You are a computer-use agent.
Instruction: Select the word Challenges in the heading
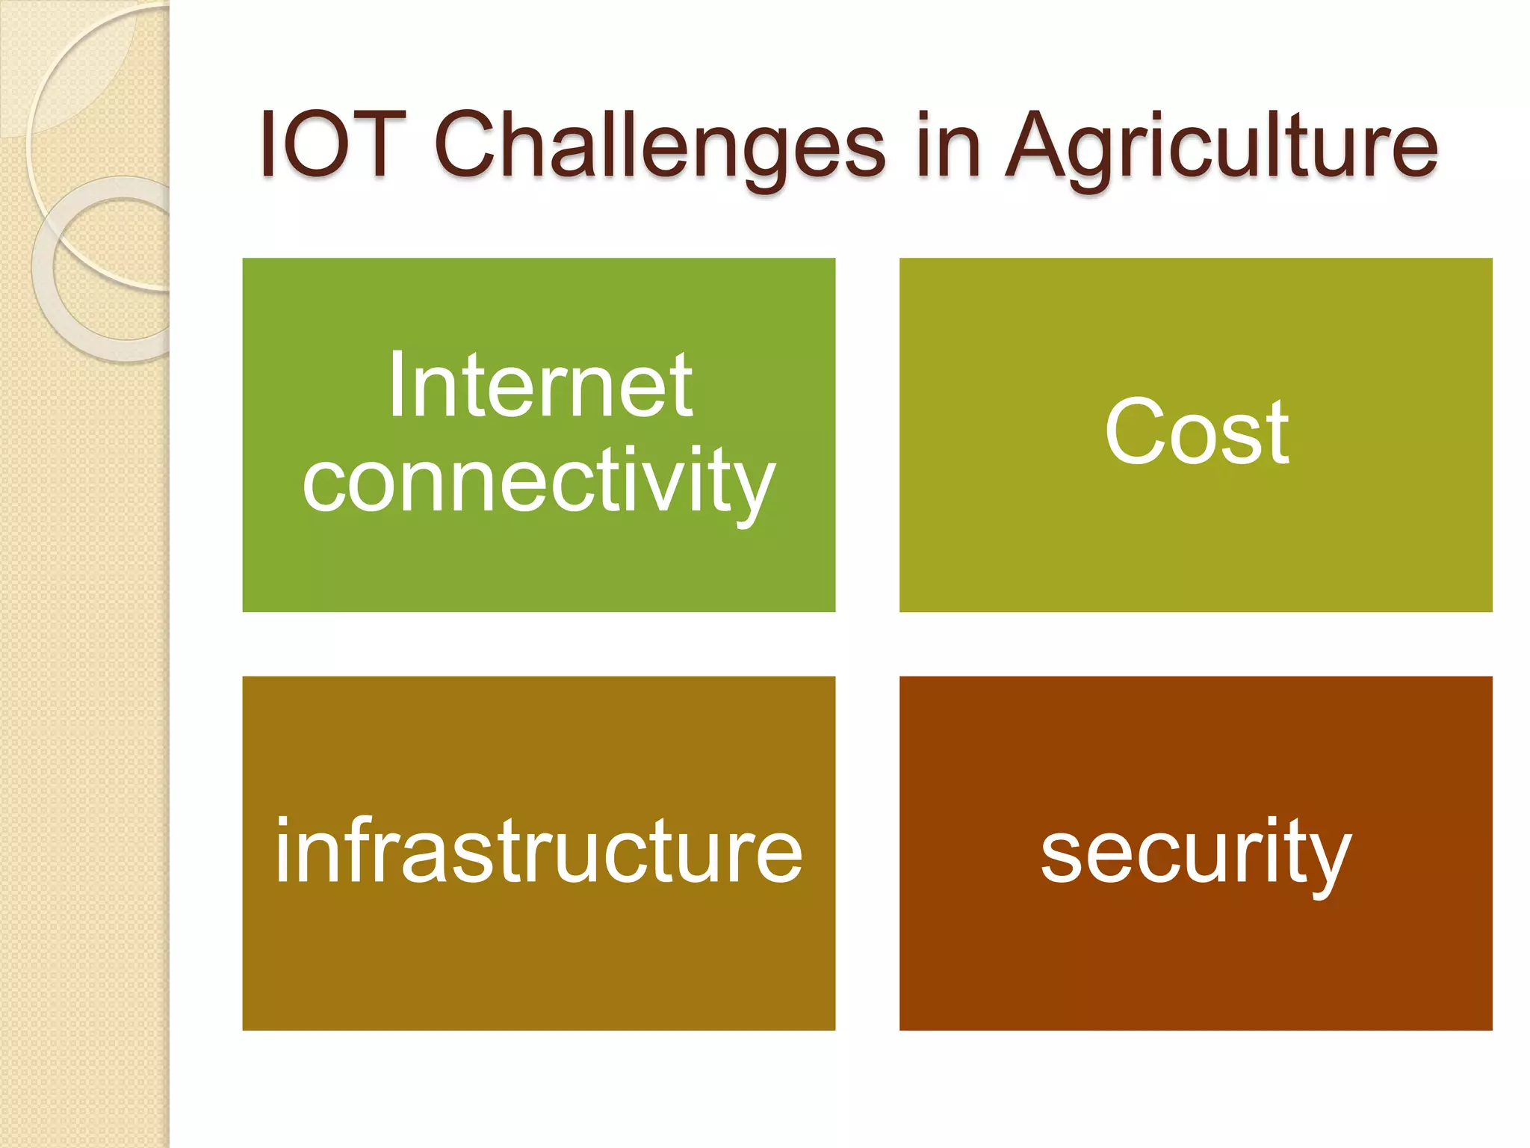(x=659, y=146)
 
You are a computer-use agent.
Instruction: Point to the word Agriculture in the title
(x=1221, y=146)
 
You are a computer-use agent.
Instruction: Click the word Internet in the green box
(x=539, y=387)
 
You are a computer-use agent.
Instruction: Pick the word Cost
(x=1196, y=432)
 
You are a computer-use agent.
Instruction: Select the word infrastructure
(x=539, y=852)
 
